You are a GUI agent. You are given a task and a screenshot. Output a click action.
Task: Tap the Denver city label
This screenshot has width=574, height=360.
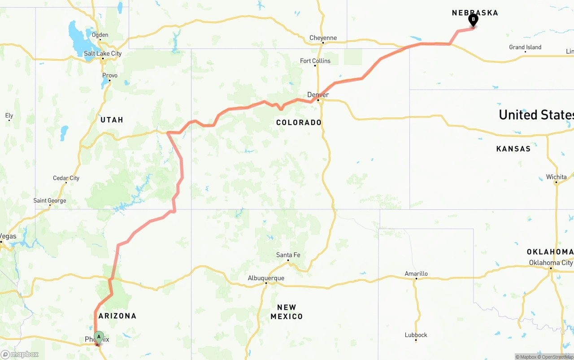point(318,95)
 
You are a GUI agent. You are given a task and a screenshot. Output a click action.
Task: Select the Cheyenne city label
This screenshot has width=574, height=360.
point(323,38)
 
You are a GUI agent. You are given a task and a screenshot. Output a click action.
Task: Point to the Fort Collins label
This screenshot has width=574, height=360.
point(315,61)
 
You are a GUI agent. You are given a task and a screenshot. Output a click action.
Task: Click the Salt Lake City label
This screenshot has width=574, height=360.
point(103,53)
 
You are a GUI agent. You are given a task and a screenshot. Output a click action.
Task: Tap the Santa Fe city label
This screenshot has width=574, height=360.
point(288,255)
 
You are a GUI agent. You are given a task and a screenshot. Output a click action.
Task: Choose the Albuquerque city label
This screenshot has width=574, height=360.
point(266,278)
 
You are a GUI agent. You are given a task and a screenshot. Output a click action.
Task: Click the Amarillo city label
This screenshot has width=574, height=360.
point(416,273)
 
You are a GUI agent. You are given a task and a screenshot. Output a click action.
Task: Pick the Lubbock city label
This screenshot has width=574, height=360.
point(416,335)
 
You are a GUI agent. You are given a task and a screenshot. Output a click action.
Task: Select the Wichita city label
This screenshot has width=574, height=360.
point(556,177)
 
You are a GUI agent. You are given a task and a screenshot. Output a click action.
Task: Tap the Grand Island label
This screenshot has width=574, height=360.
point(525,47)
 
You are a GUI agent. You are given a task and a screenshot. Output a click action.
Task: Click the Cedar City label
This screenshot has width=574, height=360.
point(66,178)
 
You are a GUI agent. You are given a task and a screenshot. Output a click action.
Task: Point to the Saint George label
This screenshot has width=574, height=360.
point(50,200)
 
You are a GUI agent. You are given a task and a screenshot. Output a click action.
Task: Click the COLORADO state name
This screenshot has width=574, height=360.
point(299,122)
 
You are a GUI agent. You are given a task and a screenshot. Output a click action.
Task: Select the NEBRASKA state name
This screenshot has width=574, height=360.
point(475,13)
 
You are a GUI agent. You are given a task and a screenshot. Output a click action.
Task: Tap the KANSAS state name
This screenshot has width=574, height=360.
point(513,148)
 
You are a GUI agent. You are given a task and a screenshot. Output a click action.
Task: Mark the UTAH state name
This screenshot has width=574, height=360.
point(112,120)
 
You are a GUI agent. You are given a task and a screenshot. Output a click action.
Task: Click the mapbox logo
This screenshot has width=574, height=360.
point(20,354)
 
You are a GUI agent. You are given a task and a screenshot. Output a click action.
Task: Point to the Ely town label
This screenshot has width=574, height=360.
point(9,116)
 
